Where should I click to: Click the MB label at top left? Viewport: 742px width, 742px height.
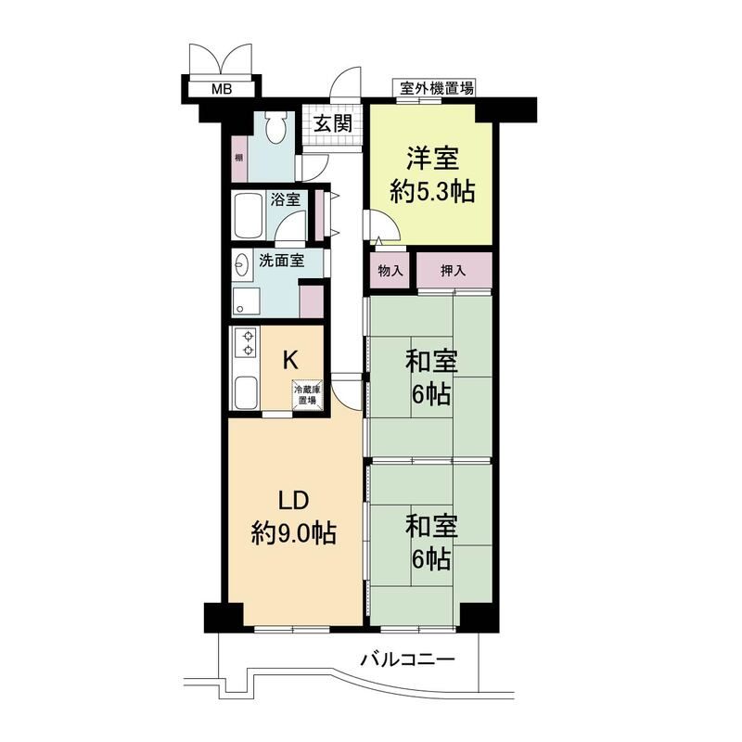click(x=222, y=88)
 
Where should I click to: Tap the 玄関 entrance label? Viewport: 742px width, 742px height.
click(x=333, y=123)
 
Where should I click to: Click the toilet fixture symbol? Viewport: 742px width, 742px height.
click(x=275, y=127)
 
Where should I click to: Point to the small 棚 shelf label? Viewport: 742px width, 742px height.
click(x=239, y=158)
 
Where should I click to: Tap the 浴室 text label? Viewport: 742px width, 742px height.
click(x=286, y=199)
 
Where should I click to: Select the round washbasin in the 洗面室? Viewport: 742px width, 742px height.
click(x=242, y=265)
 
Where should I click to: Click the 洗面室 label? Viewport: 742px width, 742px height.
click(x=282, y=260)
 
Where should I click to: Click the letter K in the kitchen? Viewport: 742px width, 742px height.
click(x=290, y=361)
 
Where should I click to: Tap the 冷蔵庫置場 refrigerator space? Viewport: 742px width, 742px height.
click(x=308, y=394)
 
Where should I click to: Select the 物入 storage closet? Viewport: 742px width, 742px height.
click(x=390, y=270)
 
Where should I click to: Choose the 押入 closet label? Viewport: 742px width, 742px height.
click(x=453, y=271)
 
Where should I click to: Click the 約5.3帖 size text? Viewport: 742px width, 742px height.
click(x=432, y=192)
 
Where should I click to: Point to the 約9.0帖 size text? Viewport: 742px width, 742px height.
click(x=294, y=533)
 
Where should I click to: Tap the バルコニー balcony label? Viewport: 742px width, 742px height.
click(x=407, y=659)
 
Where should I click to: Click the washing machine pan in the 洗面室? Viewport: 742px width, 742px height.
click(x=246, y=302)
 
